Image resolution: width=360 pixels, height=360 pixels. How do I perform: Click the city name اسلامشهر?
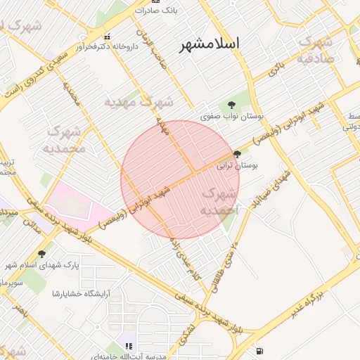click(210, 44)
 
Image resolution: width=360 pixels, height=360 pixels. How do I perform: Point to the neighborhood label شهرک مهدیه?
click(139, 102)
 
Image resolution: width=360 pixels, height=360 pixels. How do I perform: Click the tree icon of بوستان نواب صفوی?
click(232, 105)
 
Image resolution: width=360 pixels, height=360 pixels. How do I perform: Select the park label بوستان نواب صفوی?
click(226, 116)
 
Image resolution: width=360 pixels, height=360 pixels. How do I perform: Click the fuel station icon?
click(262, 350)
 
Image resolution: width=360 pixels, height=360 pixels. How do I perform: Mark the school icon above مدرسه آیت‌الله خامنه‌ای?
click(129, 345)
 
